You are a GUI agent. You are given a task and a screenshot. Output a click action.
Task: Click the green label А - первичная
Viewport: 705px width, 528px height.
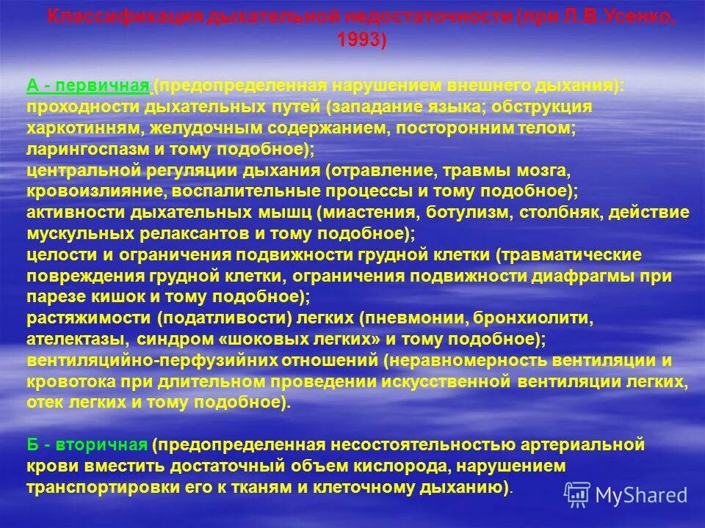[x=88, y=87]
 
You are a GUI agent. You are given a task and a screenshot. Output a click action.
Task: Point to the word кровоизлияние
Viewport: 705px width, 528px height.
[x=82, y=191]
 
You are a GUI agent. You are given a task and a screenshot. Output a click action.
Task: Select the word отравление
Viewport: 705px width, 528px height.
[x=377, y=170]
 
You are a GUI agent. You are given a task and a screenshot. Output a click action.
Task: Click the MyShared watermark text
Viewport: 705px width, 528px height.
[x=640, y=495]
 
